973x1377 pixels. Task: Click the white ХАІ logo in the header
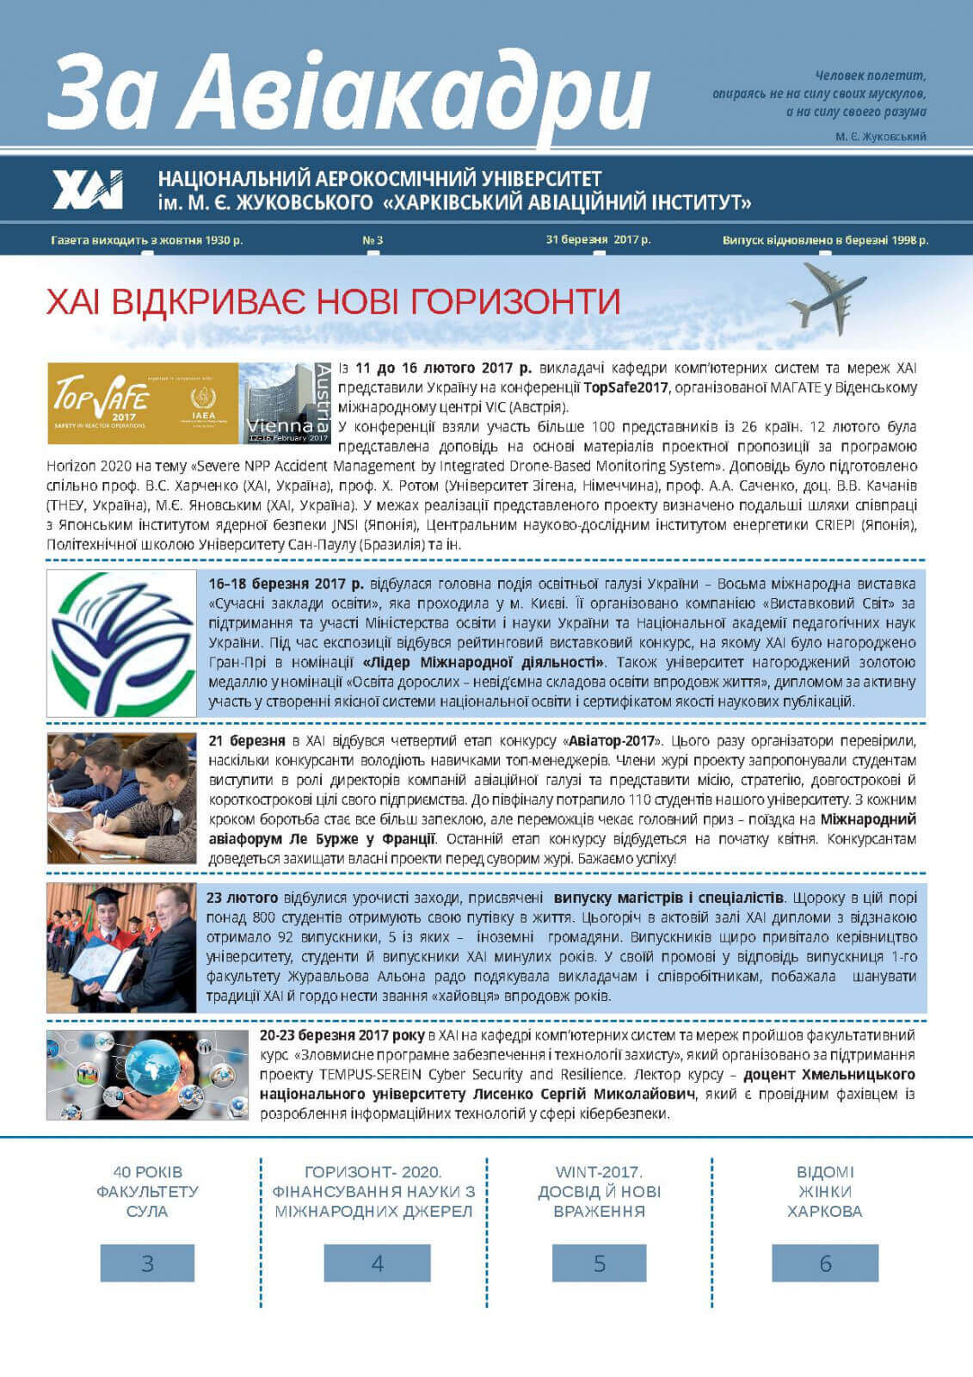pyautogui.click(x=88, y=189)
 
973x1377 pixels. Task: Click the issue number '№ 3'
pyautogui.click(x=373, y=240)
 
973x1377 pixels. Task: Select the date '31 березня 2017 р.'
pyautogui.click(x=598, y=239)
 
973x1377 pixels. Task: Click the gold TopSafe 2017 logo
pyautogui.click(x=142, y=403)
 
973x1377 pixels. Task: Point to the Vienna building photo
pyautogui.click(x=285, y=403)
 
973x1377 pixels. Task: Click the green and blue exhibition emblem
pyautogui.click(x=121, y=643)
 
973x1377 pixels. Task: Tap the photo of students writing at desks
pyautogui.click(x=121, y=799)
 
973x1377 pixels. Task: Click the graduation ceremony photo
pyautogui.click(x=121, y=947)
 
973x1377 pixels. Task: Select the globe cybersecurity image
pyautogui.click(x=147, y=1074)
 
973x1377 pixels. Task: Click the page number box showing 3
pyautogui.click(x=147, y=1263)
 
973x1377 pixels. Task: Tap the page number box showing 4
pyautogui.click(x=377, y=1263)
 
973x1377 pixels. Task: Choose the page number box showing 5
pyautogui.click(x=599, y=1263)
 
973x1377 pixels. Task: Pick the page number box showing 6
pyautogui.click(x=825, y=1263)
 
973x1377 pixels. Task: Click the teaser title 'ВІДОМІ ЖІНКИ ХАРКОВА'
pyautogui.click(x=824, y=1191)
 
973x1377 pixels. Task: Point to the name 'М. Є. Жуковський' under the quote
pyautogui.click(x=880, y=137)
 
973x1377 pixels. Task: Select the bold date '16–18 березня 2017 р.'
pyautogui.click(x=286, y=584)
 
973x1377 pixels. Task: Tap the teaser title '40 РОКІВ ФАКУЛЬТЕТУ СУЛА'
pyautogui.click(x=147, y=1191)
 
